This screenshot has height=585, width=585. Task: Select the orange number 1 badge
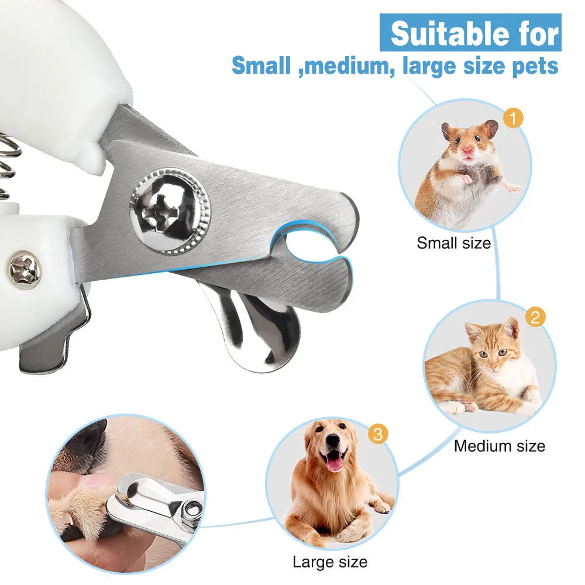coord(512,119)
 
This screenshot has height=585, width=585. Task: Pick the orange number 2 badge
coord(535,318)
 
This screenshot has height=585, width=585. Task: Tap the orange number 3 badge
coord(378,435)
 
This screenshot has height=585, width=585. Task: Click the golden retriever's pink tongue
coord(334,463)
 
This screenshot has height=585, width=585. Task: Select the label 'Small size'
coord(453,243)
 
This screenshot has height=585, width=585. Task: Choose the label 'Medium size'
coord(499,446)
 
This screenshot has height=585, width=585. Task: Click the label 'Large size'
coord(330,563)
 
